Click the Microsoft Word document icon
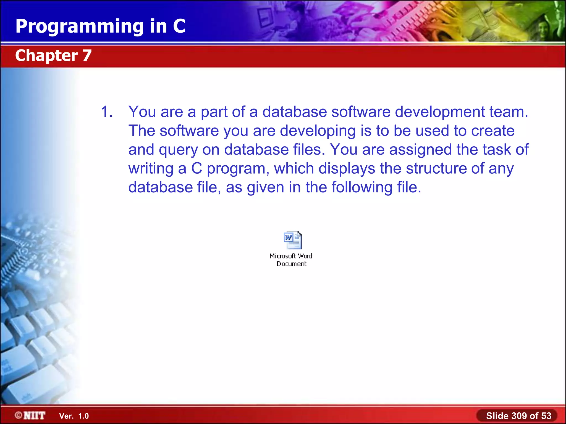[x=293, y=240]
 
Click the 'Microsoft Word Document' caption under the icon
[x=291, y=260]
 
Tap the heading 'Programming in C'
[x=100, y=26]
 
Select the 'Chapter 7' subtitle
[x=53, y=55]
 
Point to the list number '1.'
[x=107, y=112]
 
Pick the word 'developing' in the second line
[x=318, y=131]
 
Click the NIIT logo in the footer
[x=30, y=415]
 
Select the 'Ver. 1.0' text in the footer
[x=74, y=416]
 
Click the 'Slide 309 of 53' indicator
[x=518, y=416]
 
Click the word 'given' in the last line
[x=265, y=188]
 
